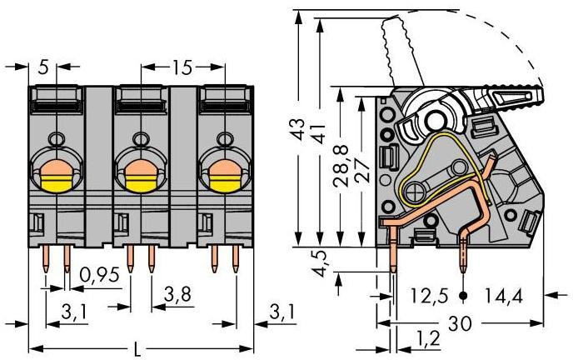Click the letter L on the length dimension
coord(136,346)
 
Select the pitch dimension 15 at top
coord(182,64)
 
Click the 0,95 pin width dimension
coord(97,275)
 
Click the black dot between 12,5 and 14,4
coord(463,295)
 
